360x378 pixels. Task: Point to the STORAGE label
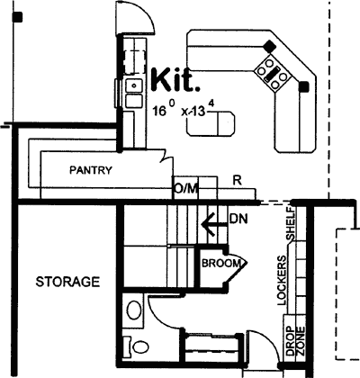click(67, 283)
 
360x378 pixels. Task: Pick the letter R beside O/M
click(236, 180)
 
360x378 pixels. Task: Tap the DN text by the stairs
click(238, 218)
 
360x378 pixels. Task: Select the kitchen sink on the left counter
click(134, 86)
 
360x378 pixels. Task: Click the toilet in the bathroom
click(138, 345)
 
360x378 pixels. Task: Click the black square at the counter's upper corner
click(267, 44)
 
